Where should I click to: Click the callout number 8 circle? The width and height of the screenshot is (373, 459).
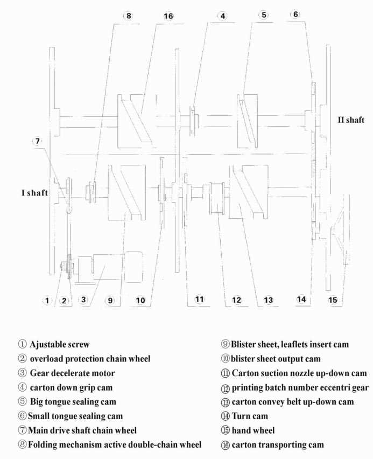[129, 16]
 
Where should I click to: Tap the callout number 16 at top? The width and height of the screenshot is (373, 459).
[168, 16]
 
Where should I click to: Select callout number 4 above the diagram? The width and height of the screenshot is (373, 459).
[223, 16]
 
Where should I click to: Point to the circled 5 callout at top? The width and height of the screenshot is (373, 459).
[264, 15]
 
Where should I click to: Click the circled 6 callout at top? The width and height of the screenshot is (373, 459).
[295, 14]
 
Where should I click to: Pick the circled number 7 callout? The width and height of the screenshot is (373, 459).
[38, 141]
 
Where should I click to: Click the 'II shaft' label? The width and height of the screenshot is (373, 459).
[351, 120]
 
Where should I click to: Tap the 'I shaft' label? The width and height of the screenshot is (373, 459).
[34, 193]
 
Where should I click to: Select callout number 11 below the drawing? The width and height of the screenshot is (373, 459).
[199, 299]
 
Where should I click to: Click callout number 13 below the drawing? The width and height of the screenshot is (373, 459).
[268, 300]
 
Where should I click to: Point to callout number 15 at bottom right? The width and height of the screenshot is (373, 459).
[333, 300]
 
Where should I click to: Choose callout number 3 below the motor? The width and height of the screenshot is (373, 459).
[83, 300]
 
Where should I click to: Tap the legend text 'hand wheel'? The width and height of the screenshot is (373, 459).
[253, 430]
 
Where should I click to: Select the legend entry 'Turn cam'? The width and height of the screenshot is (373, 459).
[250, 416]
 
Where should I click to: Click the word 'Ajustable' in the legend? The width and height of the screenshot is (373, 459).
[47, 344]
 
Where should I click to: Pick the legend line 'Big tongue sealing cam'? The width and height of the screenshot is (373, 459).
[73, 402]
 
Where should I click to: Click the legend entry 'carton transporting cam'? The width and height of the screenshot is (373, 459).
[278, 444]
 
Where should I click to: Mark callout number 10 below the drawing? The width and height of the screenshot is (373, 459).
[140, 300]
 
